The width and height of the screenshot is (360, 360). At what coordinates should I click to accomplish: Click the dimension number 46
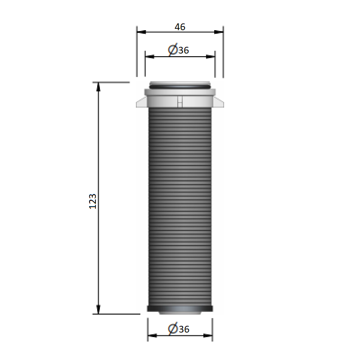click(x=180, y=27)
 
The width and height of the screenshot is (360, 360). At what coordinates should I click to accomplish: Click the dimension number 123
click(x=93, y=201)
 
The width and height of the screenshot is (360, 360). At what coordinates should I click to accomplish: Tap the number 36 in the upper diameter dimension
click(x=184, y=50)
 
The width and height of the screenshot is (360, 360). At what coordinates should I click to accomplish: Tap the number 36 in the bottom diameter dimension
click(x=184, y=329)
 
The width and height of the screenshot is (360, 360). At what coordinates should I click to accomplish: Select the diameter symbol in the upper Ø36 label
click(x=173, y=49)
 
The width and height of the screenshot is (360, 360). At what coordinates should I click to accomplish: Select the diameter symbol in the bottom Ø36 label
click(x=173, y=329)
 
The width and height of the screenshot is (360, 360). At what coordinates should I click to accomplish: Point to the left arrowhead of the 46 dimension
click(x=141, y=32)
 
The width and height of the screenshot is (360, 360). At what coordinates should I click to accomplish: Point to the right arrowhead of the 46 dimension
click(x=219, y=32)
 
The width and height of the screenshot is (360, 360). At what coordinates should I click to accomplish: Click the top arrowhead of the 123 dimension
click(x=98, y=87)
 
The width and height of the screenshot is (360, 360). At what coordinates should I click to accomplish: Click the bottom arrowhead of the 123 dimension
click(x=98, y=309)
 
